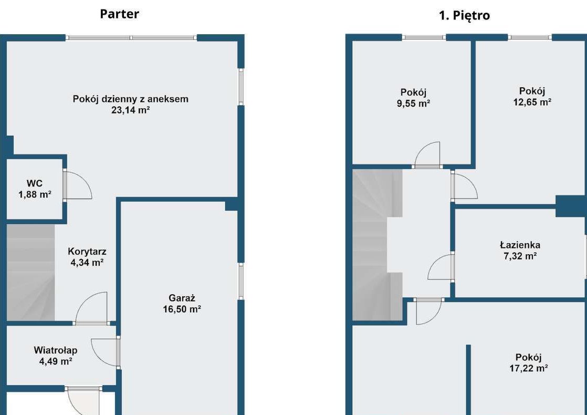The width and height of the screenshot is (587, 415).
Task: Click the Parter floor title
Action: click(119, 14)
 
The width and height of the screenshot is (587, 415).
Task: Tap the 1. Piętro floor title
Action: click(464, 16)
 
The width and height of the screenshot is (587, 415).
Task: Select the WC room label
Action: click(35, 183)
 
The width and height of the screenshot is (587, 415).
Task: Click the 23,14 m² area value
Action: click(131, 110)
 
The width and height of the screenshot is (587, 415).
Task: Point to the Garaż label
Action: click(182, 298)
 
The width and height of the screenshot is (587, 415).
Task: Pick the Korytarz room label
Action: click(87, 251)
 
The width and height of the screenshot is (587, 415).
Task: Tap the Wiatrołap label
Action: click(56, 350)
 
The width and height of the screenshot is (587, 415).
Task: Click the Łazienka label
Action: click(520, 245)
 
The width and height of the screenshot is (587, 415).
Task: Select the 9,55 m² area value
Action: click(413, 103)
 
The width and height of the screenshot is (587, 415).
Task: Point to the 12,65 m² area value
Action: click(532, 102)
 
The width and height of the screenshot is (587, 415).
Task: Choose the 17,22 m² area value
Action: click(529, 368)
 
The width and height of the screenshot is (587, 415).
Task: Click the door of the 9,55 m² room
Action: click(427, 155)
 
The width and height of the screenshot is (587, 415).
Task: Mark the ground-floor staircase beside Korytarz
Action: click(30, 272)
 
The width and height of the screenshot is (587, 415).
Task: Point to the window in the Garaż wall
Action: click(241, 281)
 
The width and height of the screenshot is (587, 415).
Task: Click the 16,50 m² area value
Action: click(182, 309)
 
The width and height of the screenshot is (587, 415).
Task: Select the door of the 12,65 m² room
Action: click(464, 184)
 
